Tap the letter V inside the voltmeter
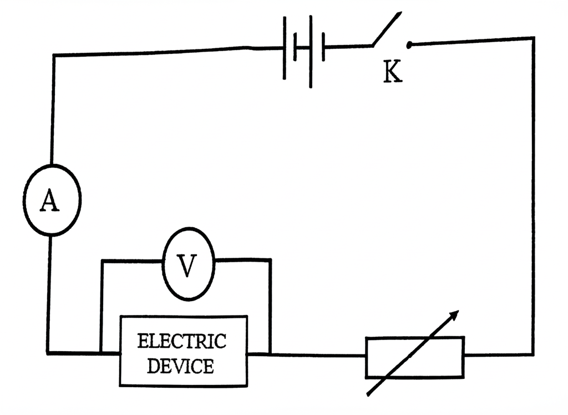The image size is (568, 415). click(x=187, y=265)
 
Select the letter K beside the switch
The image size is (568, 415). click(x=393, y=72)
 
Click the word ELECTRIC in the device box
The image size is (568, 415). click(x=182, y=341)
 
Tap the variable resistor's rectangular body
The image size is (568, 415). click(x=415, y=357)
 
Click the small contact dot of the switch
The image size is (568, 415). click(x=409, y=45)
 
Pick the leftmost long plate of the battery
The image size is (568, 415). click(x=285, y=48)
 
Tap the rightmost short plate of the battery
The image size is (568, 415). click(x=323, y=48)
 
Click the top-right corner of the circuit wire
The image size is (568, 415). click(x=533, y=38)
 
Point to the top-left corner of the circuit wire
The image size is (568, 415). click(x=54, y=56)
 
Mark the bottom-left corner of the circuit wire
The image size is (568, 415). click(x=48, y=352)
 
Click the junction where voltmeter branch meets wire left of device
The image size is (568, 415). click(x=102, y=352)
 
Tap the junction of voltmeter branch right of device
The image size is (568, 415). click(x=270, y=353)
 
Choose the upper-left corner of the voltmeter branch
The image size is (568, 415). click(x=102, y=261)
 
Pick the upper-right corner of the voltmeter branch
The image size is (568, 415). click(x=270, y=260)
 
